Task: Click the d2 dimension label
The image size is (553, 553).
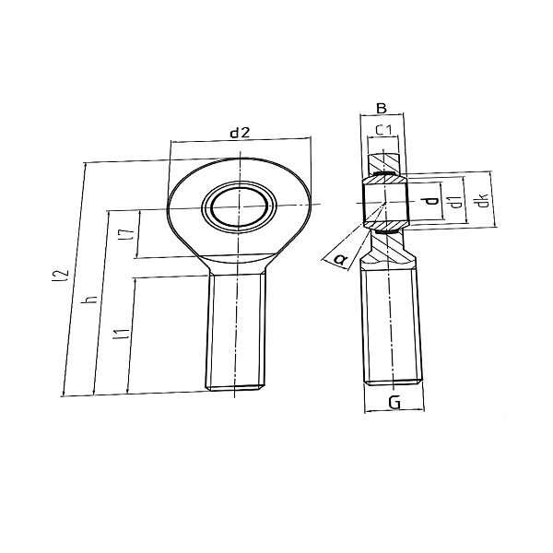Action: click(x=240, y=133)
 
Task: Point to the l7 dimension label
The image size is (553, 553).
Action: click(x=127, y=234)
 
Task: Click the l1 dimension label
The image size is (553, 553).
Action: click(x=120, y=334)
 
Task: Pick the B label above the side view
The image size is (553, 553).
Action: click(x=382, y=108)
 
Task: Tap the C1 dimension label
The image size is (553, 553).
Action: click(x=383, y=130)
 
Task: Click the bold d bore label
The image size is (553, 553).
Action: click(x=430, y=201)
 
